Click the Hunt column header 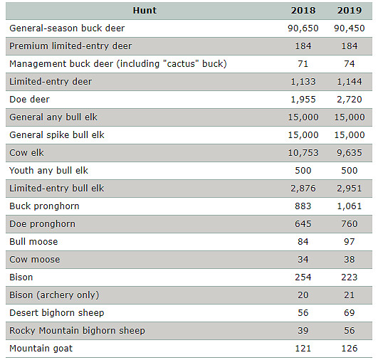[145, 11]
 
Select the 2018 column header [303, 11]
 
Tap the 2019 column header [350, 11]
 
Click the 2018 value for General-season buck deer [303, 28]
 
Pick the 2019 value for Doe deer [350, 100]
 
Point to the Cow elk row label [26, 153]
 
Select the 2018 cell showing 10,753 [303, 153]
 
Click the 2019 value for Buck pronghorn [350, 206]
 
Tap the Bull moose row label [33, 242]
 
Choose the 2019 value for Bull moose [350, 242]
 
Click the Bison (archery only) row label [54, 295]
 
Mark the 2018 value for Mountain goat [303, 349]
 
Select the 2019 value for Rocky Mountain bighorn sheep [350, 331]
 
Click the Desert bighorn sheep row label [57, 313]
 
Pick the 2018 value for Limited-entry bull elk [303, 189]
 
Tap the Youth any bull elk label [48, 171]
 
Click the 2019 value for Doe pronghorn [350, 224]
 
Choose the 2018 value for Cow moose [303, 260]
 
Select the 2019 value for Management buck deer [350, 64]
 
